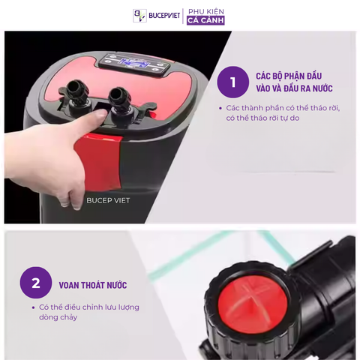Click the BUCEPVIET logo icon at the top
(x=139, y=16)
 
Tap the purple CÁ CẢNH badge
(x=205, y=20)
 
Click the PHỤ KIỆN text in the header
(x=206, y=11)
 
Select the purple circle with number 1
(x=233, y=82)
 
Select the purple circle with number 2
(x=36, y=283)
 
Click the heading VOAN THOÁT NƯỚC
(x=93, y=285)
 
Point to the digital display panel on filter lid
(x=134, y=64)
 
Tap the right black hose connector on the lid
(x=120, y=100)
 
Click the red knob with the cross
(x=253, y=305)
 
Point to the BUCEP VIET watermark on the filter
(x=108, y=200)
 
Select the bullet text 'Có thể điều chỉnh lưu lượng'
(x=89, y=307)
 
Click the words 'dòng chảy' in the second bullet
(x=58, y=317)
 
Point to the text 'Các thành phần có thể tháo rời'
(x=283, y=108)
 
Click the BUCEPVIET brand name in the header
(x=164, y=16)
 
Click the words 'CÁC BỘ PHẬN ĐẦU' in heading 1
(x=289, y=76)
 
